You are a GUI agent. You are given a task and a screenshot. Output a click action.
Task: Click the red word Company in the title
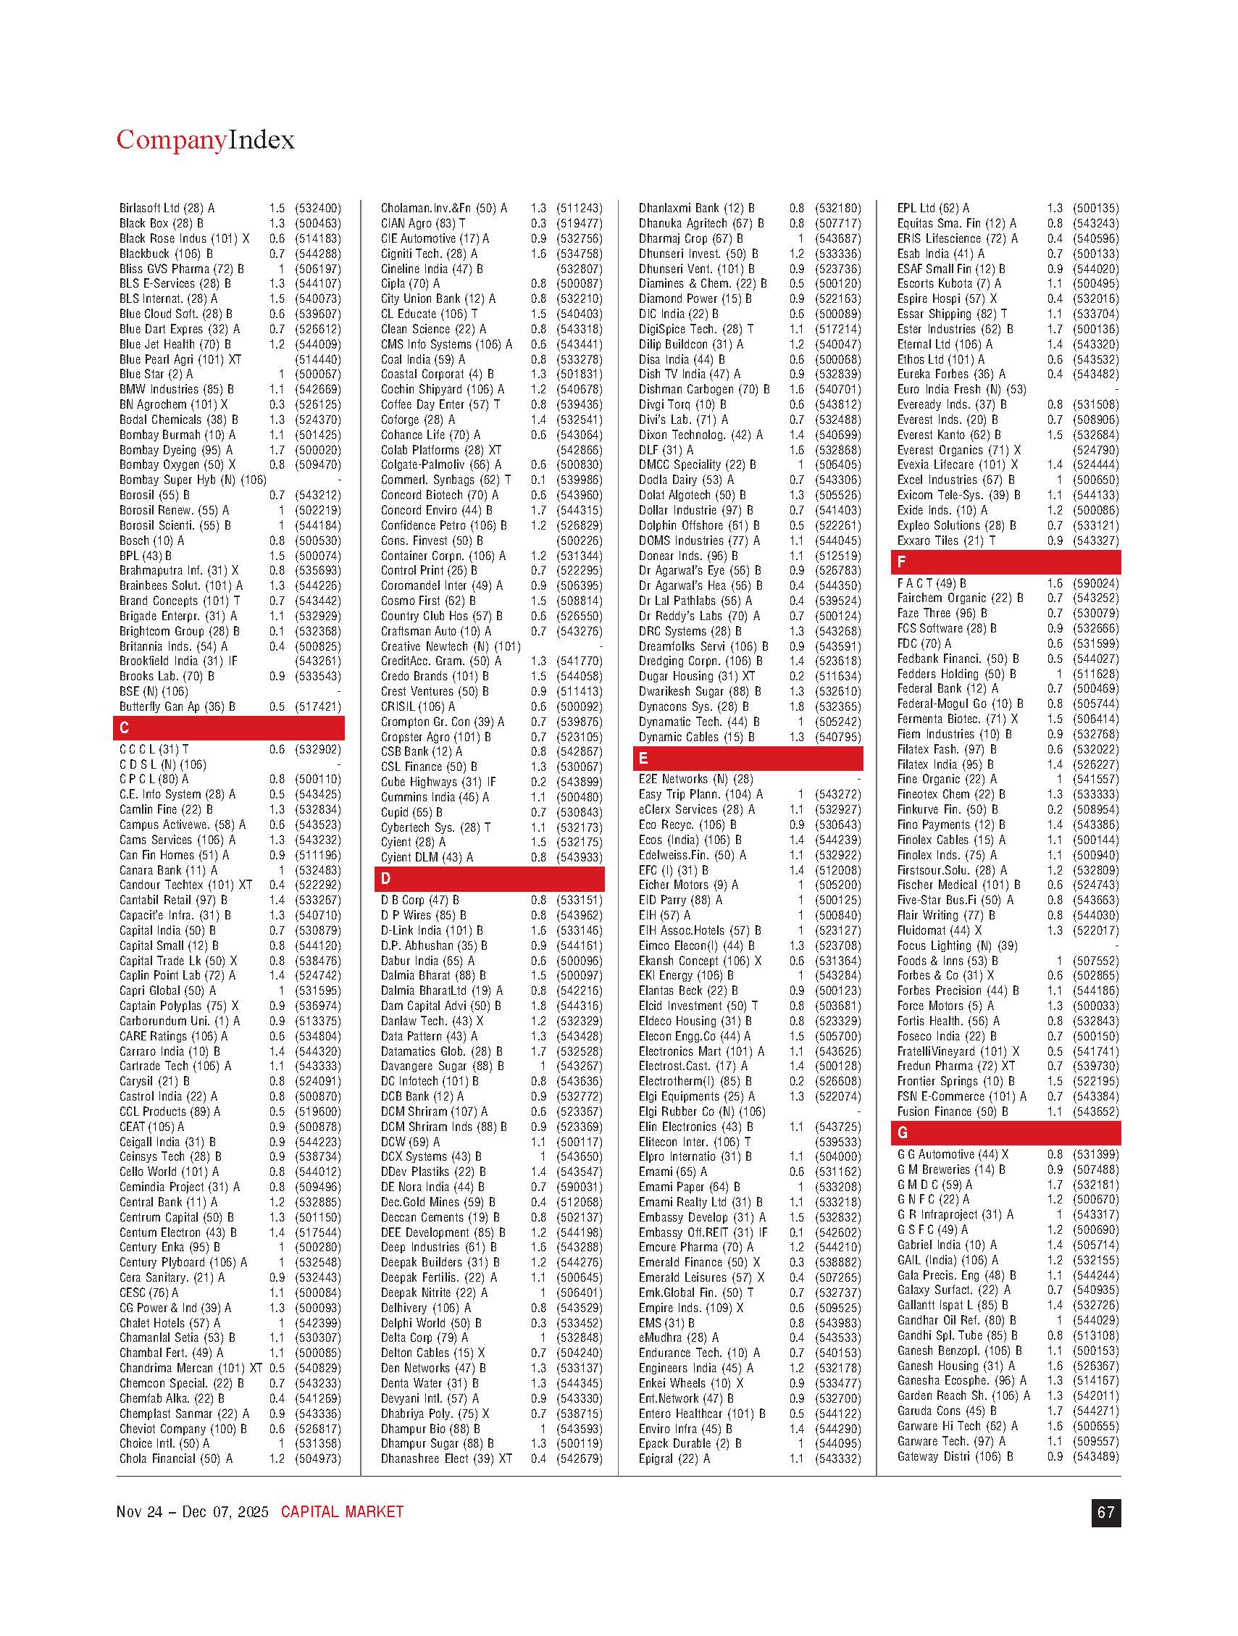(x=171, y=140)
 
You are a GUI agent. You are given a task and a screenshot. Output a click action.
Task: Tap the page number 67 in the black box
(x=1105, y=1512)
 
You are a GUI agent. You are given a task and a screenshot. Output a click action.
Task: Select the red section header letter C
(x=125, y=727)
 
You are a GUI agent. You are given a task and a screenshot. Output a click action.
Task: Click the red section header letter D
(x=385, y=879)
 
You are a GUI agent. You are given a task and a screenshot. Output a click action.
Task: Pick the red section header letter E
(x=643, y=758)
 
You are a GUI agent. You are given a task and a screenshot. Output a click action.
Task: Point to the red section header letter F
(x=900, y=562)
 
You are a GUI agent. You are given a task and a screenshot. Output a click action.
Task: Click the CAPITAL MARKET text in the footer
(x=342, y=1512)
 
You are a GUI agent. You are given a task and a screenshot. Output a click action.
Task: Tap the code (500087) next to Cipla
(x=579, y=283)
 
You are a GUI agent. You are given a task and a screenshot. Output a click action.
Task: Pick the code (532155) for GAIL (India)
(x=1095, y=1259)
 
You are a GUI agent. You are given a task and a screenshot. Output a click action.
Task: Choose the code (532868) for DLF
(x=838, y=450)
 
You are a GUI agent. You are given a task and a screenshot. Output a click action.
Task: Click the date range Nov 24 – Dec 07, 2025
(x=192, y=1512)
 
